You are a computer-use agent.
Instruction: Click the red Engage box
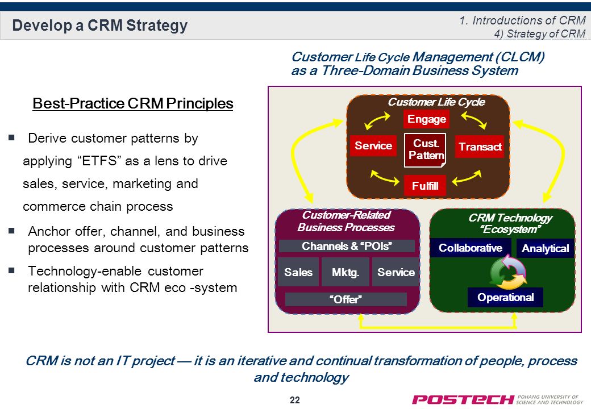(426, 119)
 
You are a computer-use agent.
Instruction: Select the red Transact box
(480, 146)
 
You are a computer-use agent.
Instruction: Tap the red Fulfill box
(425, 185)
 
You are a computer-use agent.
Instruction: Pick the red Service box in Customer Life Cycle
(373, 145)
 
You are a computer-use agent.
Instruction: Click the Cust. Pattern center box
(425, 150)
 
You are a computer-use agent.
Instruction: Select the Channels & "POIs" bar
(347, 246)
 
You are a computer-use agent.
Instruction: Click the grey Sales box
(298, 272)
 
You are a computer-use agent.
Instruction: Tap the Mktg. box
(346, 272)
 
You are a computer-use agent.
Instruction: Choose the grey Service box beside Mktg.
(396, 272)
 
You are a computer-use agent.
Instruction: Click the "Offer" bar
(346, 299)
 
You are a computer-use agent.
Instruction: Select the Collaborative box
(471, 248)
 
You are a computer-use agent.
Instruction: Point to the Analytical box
(545, 248)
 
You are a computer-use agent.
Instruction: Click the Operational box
(505, 298)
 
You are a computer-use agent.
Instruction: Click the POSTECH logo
(497, 399)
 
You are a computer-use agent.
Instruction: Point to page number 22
(295, 400)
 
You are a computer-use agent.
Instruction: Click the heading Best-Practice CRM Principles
(132, 103)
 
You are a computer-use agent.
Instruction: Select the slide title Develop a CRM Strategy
(100, 25)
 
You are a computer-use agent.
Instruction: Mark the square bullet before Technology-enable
(11, 270)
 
